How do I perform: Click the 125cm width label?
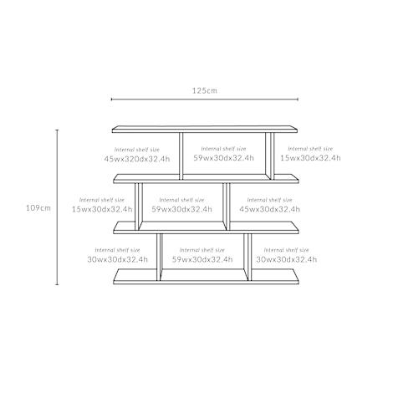pyautogui.click(x=204, y=90)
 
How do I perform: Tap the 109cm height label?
pyautogui.click(x=38, y=208)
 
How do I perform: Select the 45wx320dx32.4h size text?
pyautogui.click(x=137, y=159)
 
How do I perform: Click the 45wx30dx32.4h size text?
pyautogui.click(x=269, y=209)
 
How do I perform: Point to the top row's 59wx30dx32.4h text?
pyautogui.click(x=223, y=158)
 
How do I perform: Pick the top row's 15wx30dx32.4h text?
pyautogui.click(x=310, y=158)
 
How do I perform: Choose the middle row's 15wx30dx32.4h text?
pyautogui.click(x=102, y=209)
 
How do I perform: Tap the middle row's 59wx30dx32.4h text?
pyautogui.click(x=181, y=209)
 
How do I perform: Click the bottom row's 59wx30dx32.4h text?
pyautogui.click(x=202, y=259)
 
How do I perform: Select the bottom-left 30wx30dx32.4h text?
pyautogui.click(x=117, y=259)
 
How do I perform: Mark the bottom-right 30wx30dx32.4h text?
pyautogui.click(x=287, y=259)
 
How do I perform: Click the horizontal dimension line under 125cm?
pyautogui.click(x=205, y=99)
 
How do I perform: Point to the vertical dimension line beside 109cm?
pyautogui.click(x=58, y=207)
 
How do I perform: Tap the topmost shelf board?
pyautogui.click(x=205, y=129)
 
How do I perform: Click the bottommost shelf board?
pyautogui.click(x=206, y=277)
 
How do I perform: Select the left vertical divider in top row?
pyautogui.click(x=181, y=156)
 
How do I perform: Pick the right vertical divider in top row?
pyautogui.click(x=270, y=156)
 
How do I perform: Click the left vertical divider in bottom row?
pyautogui.click(x=159, y=257)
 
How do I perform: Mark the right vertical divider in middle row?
pyautogui.click(x=227, y=207)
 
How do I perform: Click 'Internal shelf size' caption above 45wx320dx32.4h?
pyautogui.click(x=137, y=150)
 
